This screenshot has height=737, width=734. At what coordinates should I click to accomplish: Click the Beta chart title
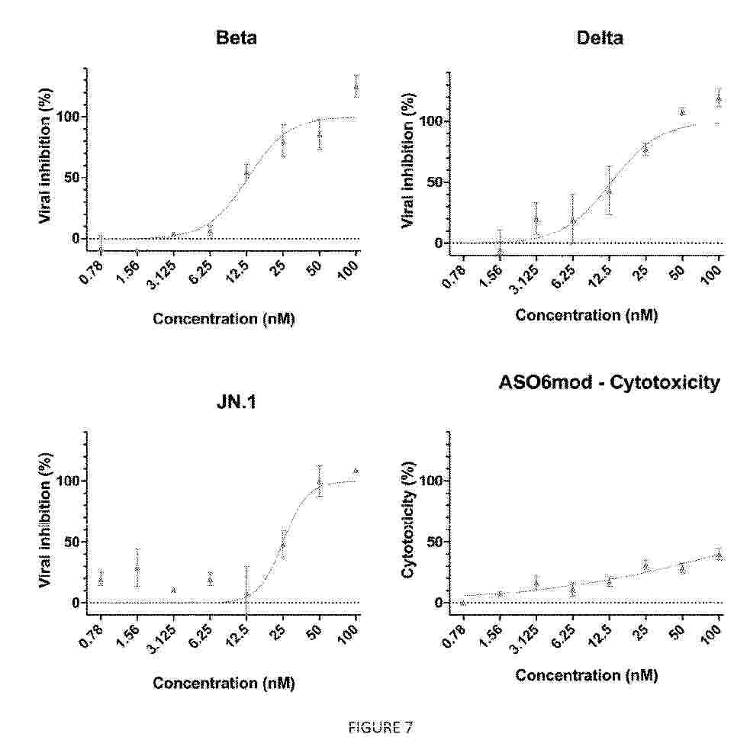pos(237,37)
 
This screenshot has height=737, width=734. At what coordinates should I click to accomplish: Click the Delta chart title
pos(600,37)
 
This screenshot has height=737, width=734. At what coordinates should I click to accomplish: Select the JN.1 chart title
pos(237,402)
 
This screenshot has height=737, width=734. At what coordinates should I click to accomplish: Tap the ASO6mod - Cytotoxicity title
pos(609,382)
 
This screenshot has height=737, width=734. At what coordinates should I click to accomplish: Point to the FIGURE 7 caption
pos(380,728)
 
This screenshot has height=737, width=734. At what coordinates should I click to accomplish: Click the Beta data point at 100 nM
pos(356,87)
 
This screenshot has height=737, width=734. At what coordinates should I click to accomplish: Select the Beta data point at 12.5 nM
pos(246,174)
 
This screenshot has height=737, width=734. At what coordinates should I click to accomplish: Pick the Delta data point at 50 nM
pos(682,112)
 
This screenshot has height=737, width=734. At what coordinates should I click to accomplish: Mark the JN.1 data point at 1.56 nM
pos(137,568)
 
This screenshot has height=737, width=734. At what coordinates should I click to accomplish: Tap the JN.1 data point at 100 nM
pos(356,471)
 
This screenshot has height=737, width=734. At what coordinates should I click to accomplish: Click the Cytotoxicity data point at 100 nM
pos(718,555)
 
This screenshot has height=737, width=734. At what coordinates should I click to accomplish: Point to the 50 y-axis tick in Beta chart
pos(70,178)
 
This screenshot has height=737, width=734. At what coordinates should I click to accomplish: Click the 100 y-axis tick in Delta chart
pos(430,121)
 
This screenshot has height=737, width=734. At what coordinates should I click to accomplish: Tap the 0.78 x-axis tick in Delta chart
pos(454,276)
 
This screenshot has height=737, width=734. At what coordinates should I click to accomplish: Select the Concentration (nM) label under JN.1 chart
pos(224,683)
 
